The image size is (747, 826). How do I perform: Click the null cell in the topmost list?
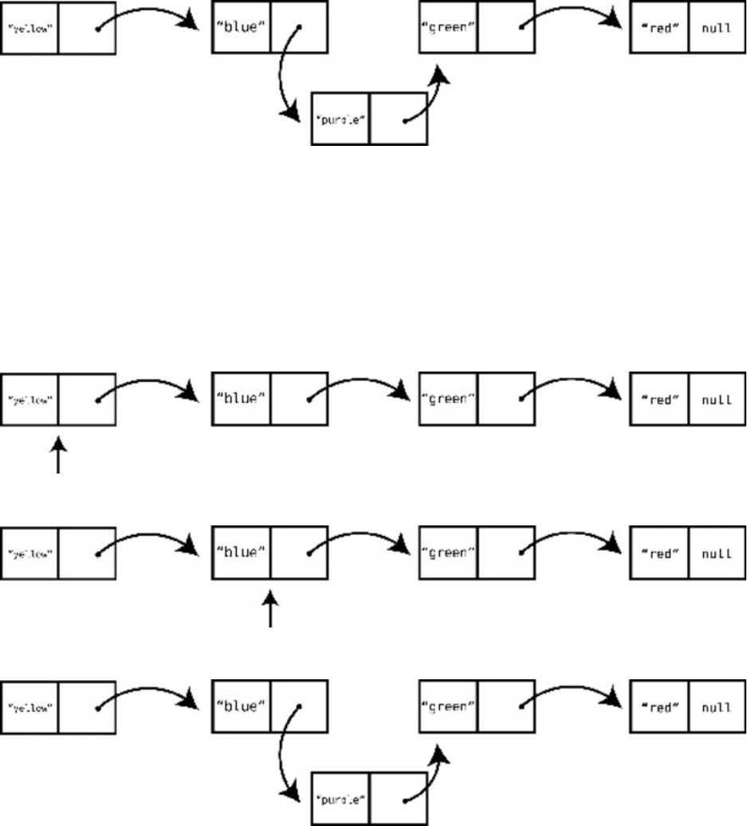tap(717, 29)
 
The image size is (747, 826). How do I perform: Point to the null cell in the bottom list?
tap(717, 706)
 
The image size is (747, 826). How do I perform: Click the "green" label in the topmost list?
tap(448, 29)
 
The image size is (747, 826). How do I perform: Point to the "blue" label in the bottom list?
tap(241, 706)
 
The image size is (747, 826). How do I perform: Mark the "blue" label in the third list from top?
tap(241, 553)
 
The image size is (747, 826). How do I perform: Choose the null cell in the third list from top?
tap(717, 553)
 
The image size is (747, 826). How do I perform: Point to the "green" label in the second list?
tap(448, 398)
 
